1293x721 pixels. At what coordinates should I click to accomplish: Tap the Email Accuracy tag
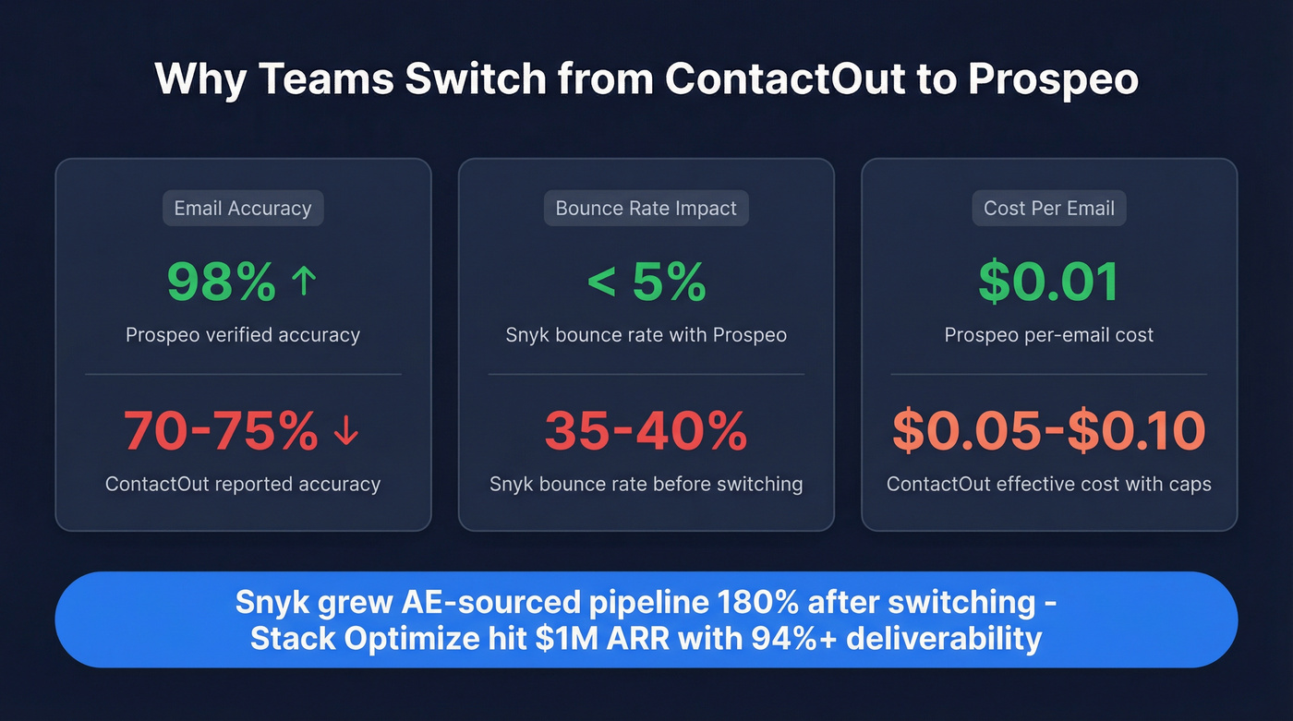243,209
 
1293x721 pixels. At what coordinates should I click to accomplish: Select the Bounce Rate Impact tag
646,209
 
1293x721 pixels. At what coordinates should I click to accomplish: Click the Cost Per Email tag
1049,209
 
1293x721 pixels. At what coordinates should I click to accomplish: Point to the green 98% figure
222,282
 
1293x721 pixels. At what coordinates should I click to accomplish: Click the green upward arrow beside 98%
304,281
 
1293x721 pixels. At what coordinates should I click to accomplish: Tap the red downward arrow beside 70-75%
346,430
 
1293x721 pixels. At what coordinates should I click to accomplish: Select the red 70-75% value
221,430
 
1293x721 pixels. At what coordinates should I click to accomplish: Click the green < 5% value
646,282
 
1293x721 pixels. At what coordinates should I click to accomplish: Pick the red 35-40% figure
646,430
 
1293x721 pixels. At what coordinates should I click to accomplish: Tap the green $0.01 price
1049,282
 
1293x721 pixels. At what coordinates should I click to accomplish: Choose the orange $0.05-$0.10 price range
1049,430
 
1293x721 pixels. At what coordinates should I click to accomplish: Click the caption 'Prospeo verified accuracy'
243,335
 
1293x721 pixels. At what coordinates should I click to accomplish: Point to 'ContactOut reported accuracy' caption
243,484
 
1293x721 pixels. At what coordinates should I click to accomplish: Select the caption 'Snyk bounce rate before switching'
646,484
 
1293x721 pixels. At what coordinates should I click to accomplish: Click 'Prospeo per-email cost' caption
1049,335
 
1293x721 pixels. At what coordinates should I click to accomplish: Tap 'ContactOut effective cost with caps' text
1049,484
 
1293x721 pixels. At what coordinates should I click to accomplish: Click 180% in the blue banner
758,602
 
